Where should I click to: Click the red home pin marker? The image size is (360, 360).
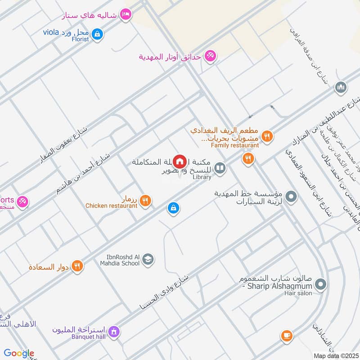[x=180, y=161]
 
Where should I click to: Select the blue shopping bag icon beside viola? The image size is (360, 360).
[x=97, y=33]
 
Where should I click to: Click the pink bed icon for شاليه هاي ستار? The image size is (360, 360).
[x=126, y=15]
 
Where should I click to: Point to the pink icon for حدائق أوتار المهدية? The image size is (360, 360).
[x=209, y=56]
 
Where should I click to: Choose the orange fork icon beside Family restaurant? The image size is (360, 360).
[x=267, y=136]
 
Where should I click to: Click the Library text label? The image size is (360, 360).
[x=202, y=177]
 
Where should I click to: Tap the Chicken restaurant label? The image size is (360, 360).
[x=112, y=206]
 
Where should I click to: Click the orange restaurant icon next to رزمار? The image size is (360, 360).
[x=145, y=200]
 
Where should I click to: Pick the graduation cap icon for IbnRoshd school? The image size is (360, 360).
[x=148, y=259]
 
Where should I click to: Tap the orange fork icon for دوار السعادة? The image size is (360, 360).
[x=77, y=266]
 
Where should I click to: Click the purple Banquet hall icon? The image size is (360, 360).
[x=114, y=332]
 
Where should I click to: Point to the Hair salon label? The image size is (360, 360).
[x=298, y=293]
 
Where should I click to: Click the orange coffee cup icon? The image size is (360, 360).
[x=286, y=335]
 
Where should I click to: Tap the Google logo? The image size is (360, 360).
[x=19, y=353]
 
